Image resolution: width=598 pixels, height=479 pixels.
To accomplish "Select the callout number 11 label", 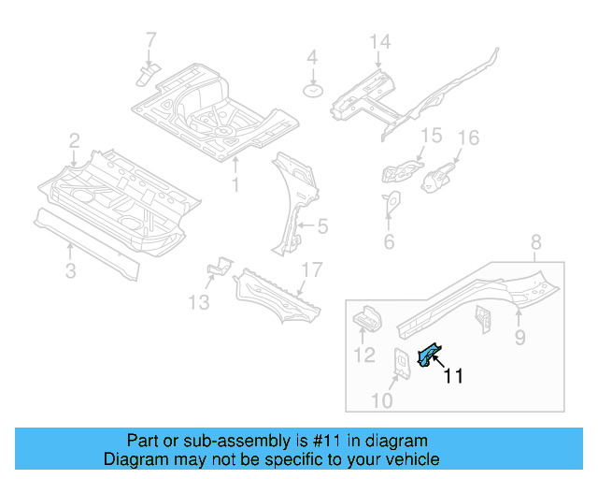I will pos(453,377).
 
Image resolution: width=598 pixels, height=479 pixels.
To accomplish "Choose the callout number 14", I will pos(378,42).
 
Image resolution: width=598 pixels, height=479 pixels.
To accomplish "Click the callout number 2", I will pos(74,142).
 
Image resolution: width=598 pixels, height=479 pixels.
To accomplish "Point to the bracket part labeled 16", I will pos(439,175).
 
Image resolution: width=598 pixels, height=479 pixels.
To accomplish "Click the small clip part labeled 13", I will pos(217,268).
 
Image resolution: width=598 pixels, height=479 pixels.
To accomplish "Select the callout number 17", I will pos(311,270).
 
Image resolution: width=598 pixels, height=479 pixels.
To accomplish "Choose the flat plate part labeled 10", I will pos(403,365).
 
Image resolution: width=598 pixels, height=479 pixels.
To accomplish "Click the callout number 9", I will pos(520,335).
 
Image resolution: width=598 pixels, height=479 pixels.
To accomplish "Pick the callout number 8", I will pos(535,245).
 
